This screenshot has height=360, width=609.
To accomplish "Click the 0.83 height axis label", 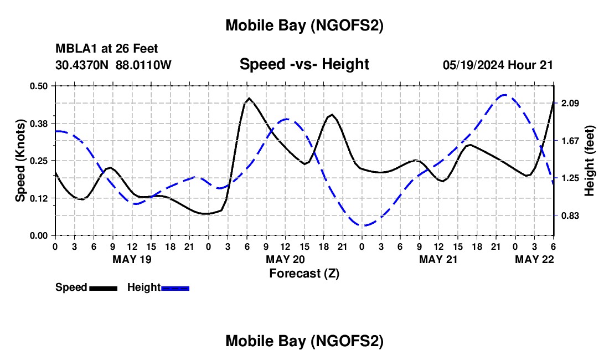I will pos(569,215).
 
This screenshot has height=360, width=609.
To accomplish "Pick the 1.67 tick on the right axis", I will pos(569,141).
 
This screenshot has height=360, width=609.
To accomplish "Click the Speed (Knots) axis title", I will pos(20,161).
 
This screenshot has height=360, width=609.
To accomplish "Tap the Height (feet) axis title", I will pos(589,161).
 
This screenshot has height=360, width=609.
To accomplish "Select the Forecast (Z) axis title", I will pos(304,273).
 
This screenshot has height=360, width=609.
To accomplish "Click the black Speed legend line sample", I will pos(103,288).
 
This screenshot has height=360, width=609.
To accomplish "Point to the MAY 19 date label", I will pos(132,259).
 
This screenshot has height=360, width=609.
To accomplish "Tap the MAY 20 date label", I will pos(285,259).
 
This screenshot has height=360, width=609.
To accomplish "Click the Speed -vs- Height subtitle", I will pos(304,64).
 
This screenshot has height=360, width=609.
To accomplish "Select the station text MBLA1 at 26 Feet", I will pos(106,49).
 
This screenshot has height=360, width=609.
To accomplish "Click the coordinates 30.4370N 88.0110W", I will pos(113,65).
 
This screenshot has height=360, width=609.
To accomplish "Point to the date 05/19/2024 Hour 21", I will pos(498,65).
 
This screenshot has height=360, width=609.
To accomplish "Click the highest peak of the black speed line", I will pos(249,98).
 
